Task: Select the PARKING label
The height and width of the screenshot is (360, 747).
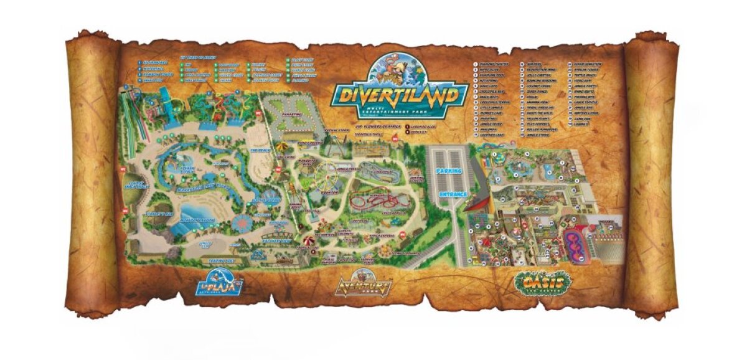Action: pyautogui.click(x=449, y=169)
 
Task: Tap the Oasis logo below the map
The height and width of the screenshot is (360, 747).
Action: pyautogui.click(x=543, y=283)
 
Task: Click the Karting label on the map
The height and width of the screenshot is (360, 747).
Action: pyautogui.click(x=291, y=115)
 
